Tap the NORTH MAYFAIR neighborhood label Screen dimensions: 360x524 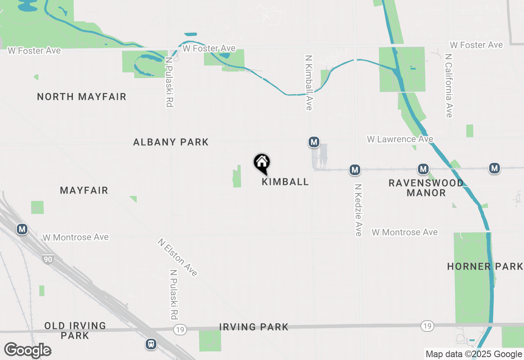pyautogui.click(x=81, y=97)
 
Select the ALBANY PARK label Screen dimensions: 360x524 pyautogui.click(x=171, y=142)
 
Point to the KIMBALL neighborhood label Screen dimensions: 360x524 pyautogui.click(x=285, y=182)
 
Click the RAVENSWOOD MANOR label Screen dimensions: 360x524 pyautogui.click(x=426, y=188)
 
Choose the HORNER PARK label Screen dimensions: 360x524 pyautogui.click(x=485, y=267)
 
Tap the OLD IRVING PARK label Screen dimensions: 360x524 pyautogui.click(x=75, y=331)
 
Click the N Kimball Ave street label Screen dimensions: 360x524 pyautogui.click(x=309, y=83)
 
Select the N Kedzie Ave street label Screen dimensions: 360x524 pyautogui.click(x=358, y=209)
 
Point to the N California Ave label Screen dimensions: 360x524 pyautogui.click(x=449, y=85)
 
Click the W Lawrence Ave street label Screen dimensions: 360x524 pyautogui.click(x=400, y=139)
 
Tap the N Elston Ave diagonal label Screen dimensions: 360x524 pyautogui.click(x=177, y=258)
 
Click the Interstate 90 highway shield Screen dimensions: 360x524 pyautogui.click(x=47, y=259)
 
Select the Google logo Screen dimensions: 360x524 pyautogui.click(x=27, y=350)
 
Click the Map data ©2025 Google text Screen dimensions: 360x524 pyautogui.click(x=474, y=354)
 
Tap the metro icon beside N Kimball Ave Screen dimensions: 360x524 pyautogui.click(x=314, y=142)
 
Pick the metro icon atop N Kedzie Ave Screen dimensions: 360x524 pyautogui.click(x=355, y=169)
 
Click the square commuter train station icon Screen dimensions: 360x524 pyautogui.click(x=151, y=344)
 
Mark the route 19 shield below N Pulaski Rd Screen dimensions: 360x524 pyautogui.click(x=179, y=329)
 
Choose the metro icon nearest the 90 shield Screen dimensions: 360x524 pyautogui.click(x=22, y=229)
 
